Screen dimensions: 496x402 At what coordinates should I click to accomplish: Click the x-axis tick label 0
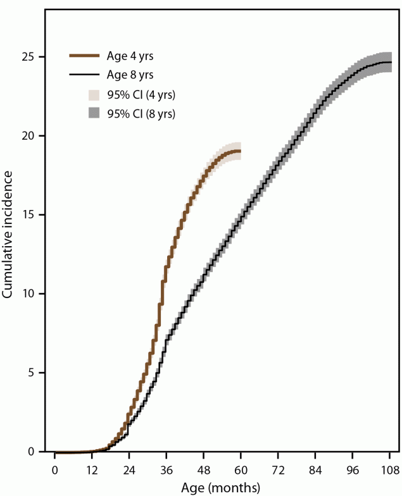coord(55,470)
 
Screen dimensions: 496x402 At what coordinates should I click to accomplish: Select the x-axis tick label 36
coord(166,470)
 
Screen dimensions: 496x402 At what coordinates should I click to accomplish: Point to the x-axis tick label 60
coord(241,470)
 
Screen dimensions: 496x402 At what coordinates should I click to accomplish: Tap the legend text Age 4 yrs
coord(132,56)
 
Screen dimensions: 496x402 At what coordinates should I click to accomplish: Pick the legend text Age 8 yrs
coord(132,75)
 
